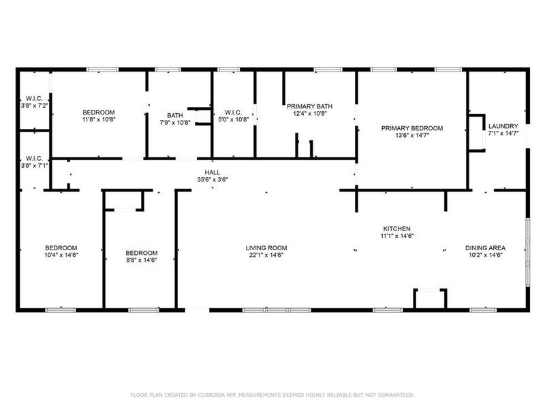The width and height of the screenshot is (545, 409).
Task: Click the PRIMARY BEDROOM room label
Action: (411, 128)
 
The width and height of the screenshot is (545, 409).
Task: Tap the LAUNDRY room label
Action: (503, 126)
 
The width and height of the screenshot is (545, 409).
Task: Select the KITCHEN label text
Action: (396, 229)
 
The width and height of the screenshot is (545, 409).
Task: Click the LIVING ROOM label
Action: (266, 248)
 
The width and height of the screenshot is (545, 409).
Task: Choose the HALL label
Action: (212, 172)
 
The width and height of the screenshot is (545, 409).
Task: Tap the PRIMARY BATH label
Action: (309, 106)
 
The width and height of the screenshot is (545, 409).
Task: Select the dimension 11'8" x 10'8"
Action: (99, 119)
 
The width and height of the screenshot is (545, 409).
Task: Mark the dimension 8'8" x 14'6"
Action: (142, 260)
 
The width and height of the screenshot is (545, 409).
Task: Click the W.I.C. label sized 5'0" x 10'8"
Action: (233, 112)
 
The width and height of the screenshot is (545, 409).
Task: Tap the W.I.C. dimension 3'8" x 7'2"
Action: (34, 106)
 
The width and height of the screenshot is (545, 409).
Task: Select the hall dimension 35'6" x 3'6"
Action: (212, 179)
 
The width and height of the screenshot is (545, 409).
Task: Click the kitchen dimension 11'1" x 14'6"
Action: (396, 236)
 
